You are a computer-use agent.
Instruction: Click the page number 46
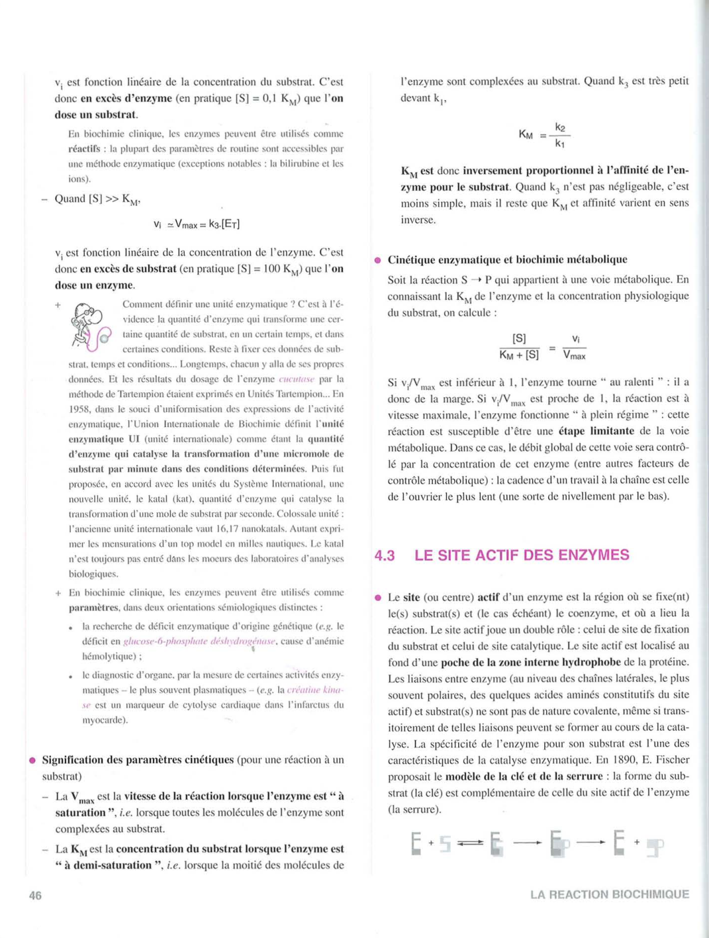[35, 896]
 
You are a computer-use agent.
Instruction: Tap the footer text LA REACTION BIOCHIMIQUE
[609, 894]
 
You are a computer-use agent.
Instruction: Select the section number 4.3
[385, 555]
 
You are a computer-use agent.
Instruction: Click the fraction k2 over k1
[560, 135]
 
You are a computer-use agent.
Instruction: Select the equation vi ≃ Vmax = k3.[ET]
[197, 224]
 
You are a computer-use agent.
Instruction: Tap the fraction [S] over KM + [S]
[520, 347]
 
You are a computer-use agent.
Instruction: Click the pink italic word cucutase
[297, 379]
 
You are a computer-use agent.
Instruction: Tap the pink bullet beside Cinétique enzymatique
[378, 260]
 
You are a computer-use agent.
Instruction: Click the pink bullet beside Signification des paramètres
[32, 760]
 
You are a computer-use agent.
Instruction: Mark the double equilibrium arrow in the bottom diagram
[470, 843]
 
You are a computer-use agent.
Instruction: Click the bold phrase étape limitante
[595, 431]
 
